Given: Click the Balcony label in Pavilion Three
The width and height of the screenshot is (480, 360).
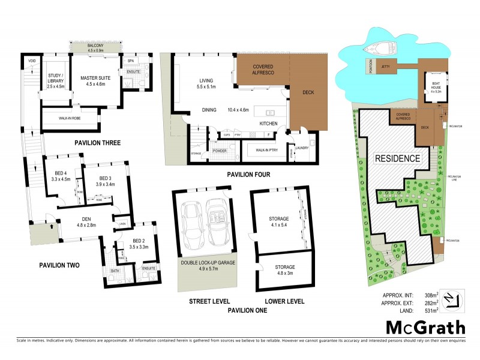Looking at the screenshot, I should click(x=97, y=47).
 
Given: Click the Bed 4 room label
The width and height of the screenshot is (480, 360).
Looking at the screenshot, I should click(x=62, y=175).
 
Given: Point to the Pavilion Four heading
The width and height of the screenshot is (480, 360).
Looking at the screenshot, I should click(x=248, y=175).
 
